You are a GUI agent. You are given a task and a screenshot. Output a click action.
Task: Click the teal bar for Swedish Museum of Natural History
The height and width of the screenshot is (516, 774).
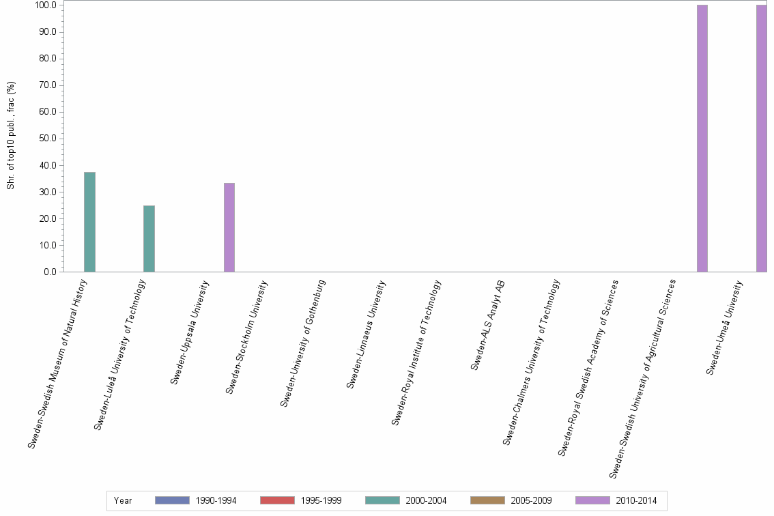(89, 222)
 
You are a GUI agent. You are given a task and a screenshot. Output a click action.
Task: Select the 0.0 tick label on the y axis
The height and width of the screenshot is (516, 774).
(49, 272)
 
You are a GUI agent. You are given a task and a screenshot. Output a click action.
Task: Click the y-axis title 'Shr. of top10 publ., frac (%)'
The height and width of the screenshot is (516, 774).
(11, 136)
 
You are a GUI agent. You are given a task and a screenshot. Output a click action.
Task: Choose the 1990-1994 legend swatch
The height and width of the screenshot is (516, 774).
(172, 500)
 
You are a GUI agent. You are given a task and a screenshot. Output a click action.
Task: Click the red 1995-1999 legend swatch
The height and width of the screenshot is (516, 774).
(277, 500)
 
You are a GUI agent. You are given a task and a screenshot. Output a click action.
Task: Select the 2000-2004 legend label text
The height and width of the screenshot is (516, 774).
(426, 501)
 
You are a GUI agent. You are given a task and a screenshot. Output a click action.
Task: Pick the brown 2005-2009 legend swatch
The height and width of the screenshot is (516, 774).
(487, 500)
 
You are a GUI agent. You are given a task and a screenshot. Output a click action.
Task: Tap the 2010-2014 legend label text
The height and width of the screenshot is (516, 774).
(636, 501)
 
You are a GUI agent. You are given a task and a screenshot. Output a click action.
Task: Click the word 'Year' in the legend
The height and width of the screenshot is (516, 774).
(123, 501)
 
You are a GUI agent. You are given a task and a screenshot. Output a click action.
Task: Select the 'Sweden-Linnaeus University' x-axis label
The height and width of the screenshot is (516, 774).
(366, 335)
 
